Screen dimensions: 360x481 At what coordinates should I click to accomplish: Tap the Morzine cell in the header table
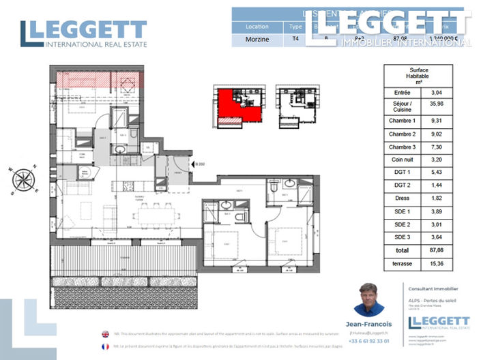pos(257,39)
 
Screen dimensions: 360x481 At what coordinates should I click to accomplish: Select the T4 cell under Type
pos(295,39)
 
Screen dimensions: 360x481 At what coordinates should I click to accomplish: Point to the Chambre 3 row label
pos(402,147)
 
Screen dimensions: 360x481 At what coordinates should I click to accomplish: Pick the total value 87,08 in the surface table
pos(436,252)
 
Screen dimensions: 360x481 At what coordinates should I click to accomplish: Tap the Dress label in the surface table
pos(402,199)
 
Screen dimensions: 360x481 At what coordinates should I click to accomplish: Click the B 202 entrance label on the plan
pos(200,164)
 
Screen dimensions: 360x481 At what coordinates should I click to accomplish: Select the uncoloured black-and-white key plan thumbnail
pos(295,106)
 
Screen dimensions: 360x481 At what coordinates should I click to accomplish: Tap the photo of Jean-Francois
pos(369,299)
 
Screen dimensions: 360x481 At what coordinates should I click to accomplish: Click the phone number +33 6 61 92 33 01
pos(369,340)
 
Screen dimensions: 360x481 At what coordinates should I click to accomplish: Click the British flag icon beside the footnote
pos(105,334)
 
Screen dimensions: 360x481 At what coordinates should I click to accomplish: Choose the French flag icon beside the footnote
pos(105,346)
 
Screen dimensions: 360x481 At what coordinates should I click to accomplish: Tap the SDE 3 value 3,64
pos(436,237)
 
